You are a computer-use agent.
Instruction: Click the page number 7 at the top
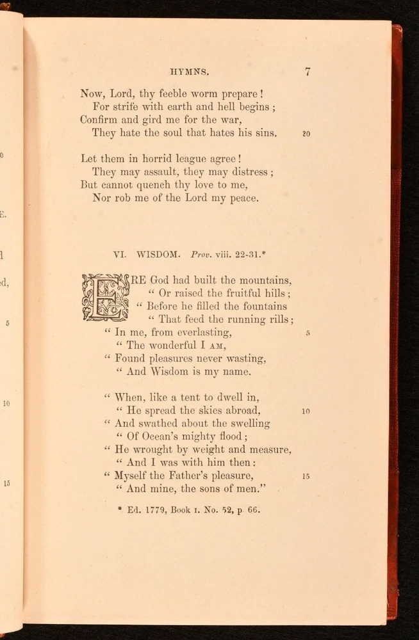point(307,72)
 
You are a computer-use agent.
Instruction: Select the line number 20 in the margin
point(306,134)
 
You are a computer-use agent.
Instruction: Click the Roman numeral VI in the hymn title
point(120,254)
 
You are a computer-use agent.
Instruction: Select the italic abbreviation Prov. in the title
point(202,254)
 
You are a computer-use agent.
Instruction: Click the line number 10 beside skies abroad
point(306,412)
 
